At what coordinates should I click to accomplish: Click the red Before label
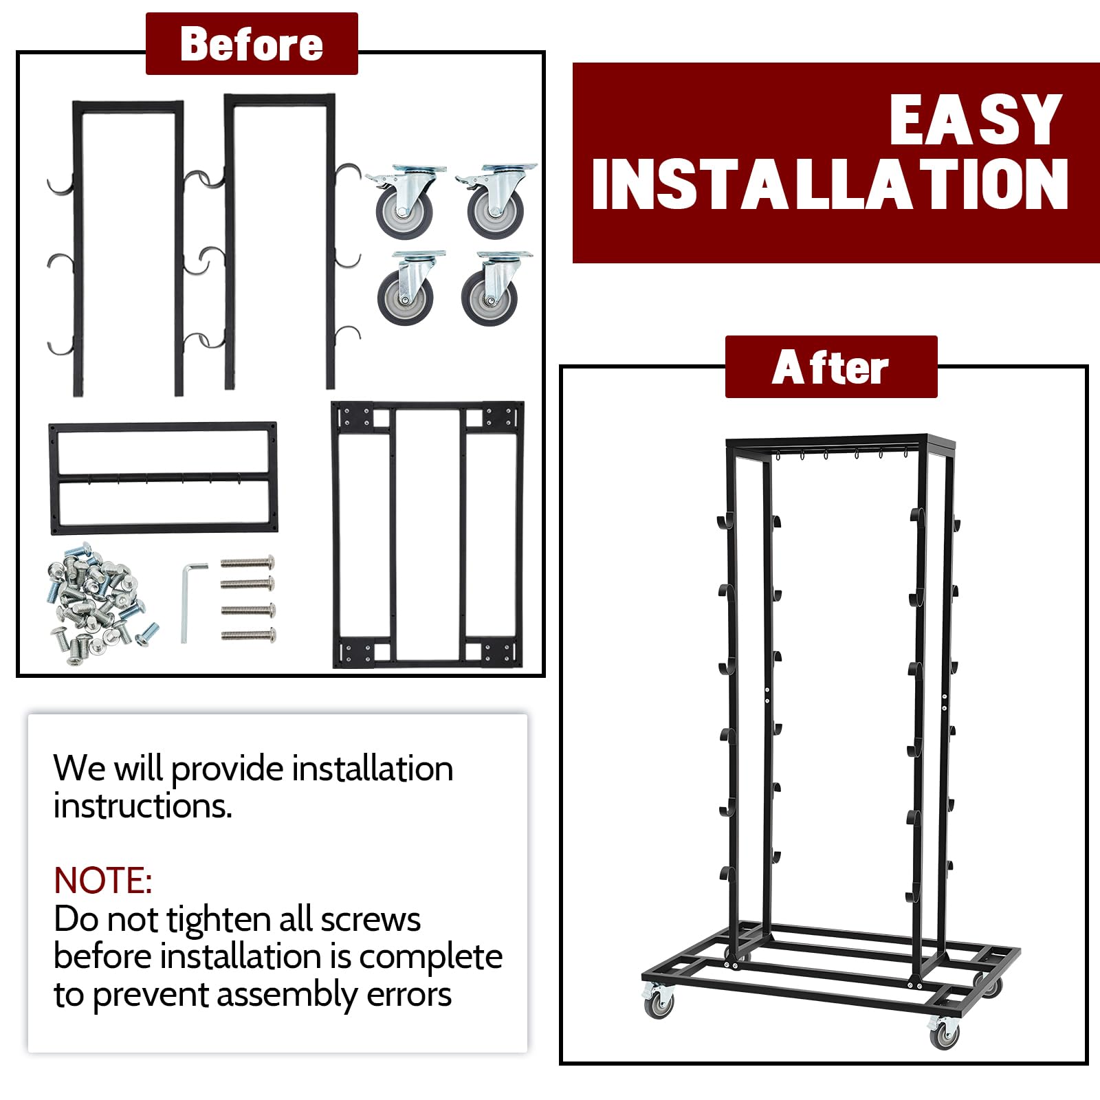pos(252,43)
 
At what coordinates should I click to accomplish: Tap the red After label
pos(831,367)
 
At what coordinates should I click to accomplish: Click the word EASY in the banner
pos(976,120)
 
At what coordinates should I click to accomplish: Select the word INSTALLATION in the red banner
pos(829,184)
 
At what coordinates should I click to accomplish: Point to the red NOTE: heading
pos(103,880)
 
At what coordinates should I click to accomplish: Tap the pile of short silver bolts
pos(102,603)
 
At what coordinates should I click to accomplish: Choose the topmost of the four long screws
pos(248,563)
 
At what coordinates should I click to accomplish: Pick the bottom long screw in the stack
pos(249,635)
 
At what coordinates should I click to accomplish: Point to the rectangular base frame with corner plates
pos(428,535)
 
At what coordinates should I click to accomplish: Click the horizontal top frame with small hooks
pos(164,478)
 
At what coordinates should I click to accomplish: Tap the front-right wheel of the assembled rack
pos(945,1033)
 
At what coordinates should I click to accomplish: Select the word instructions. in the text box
pos(143,806)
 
